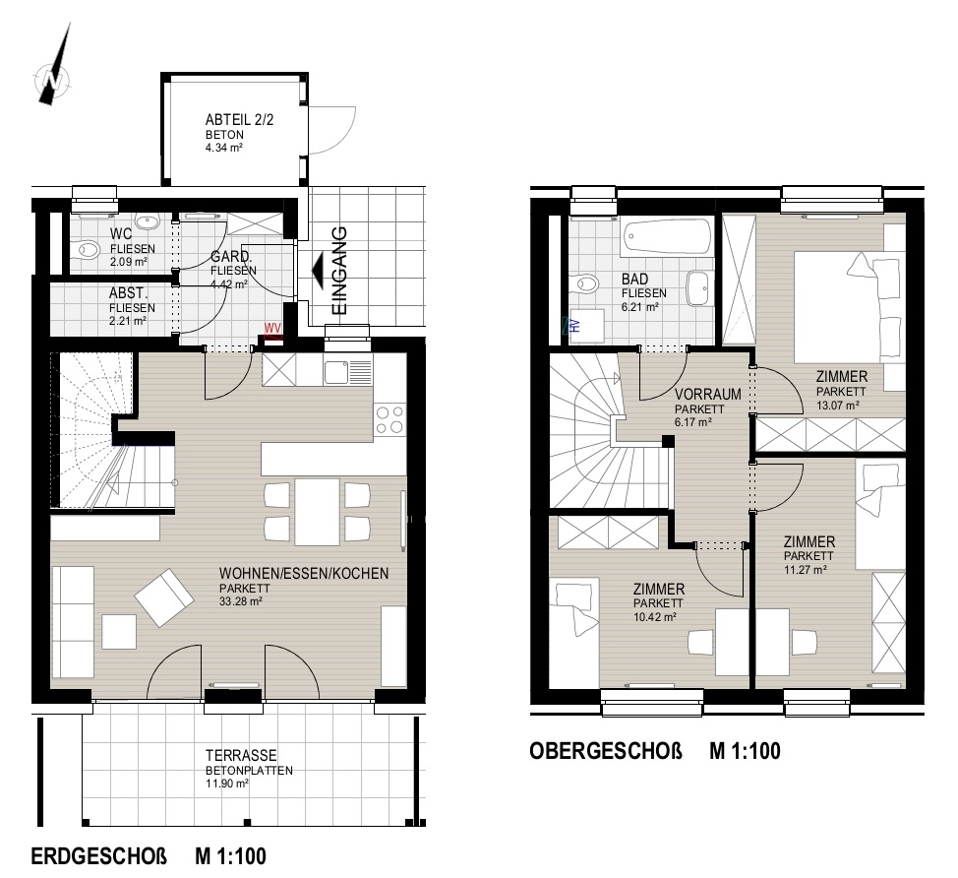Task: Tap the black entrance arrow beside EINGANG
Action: pyautogui.click(x=318, y=271)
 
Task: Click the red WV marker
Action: pyautogui.click(x=272, y=329)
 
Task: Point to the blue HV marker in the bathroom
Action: pyautogui.click(x=573, y=325)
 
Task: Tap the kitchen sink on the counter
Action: pyautogui.click(x=347, y=372)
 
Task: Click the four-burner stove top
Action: pyautogui.click(x=389, y=420)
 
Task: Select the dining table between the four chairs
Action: pyautogui.click(x=317, y=512)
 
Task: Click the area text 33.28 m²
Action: pyautogui.click(x=241, y=601)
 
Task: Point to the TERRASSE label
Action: pyautogui.click(x=241, y=755)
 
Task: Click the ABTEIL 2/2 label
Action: pyautogui.click(x=239, y=119)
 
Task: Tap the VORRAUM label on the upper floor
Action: pyautogui.click(x=707, y=395)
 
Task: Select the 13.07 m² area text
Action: pyautogui.click(x=838, y=405)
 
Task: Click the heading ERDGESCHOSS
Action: pyautogui.click(x=99, y=856)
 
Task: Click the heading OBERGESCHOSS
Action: pyautogui.click(x=606, y=751)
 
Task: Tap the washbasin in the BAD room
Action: pyautogui.click(x=697, y=288)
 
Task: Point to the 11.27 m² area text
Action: pyautogui.click(x=806, y=570)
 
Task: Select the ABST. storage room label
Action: pyautogui.click(x=128, y=293)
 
